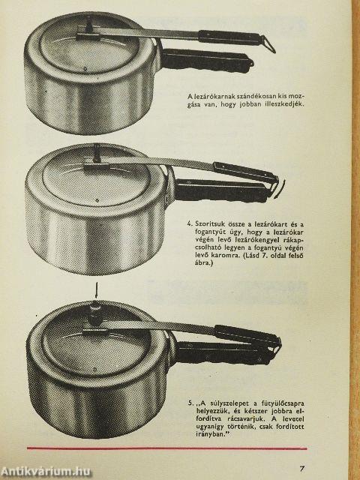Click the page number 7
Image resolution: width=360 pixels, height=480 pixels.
[x=301, y=468]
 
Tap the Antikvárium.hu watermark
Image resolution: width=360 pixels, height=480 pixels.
[x=46, y=472]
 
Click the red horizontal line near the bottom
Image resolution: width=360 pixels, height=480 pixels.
[x=166, y=448]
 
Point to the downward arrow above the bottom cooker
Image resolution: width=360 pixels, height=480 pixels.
[x=97, y=290]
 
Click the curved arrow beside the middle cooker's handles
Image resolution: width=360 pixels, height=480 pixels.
[x=280, y=190]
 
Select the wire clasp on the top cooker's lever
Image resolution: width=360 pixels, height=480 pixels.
[x=268, y=44]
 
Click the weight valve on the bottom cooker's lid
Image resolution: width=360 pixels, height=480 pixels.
[x=95, y=313]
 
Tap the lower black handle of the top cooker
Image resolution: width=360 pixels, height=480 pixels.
[x=207, y=61]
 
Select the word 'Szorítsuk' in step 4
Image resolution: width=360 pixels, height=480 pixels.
[x=208, y=224]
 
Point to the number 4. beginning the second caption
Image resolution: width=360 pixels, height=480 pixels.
[x=190, y=223]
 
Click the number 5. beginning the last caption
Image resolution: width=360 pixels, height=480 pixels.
[x=190, y=403]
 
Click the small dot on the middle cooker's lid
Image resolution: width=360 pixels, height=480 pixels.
[x=97, y=201]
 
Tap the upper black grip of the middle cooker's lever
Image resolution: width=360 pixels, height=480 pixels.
[x=246, y=173]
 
